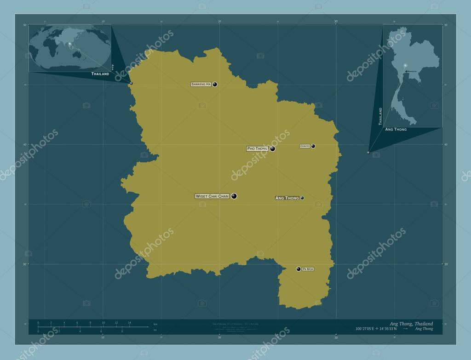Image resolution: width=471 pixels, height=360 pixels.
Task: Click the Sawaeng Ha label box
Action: (201, 85)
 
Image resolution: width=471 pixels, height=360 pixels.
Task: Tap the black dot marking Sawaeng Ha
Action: (215, 84)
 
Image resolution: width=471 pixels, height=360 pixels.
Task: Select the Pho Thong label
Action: (257, 149)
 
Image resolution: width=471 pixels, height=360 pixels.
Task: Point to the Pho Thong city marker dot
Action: (273, 149)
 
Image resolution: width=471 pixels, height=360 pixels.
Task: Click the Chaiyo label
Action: (305, 146)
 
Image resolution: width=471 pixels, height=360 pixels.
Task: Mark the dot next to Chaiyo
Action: (313, 146)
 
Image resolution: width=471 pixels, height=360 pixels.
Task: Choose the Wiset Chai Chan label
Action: (212, 196)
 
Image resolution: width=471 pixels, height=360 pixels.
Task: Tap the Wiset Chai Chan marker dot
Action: (234, 196)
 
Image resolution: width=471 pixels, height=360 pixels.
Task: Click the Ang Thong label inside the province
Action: (287, 198)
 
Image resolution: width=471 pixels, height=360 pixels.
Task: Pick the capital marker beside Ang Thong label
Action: (302, 198)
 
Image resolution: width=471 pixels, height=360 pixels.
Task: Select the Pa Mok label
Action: (308, 269)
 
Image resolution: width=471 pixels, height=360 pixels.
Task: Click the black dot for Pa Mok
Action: (299, 269)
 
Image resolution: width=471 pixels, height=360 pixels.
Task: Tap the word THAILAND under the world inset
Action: (100, 74)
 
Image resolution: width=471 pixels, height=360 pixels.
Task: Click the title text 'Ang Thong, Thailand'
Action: (411, 324)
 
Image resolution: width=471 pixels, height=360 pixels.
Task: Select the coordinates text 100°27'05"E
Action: (367, 329)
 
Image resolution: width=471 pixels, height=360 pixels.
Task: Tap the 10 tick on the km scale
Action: (103, 323)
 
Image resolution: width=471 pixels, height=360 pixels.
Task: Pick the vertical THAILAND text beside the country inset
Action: (380, 116)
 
